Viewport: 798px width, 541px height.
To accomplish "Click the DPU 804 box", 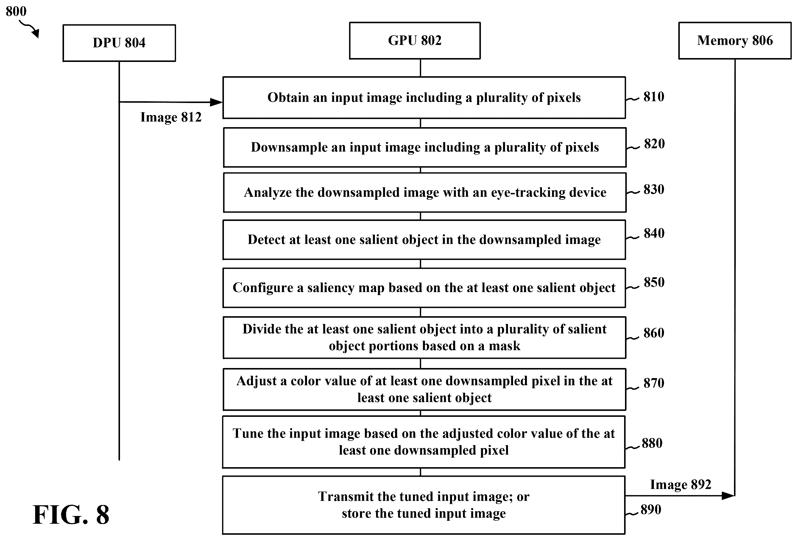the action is [x=119, y=43].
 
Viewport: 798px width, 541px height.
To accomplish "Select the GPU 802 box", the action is [x=415, y=40].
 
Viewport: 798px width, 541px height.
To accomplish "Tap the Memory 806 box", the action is [x=735, y=40].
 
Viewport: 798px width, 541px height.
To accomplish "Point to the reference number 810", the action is [x=654, y=97].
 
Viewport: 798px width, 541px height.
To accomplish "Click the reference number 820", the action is [x=654, y=144].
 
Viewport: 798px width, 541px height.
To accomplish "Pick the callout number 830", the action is [x=654, y=189].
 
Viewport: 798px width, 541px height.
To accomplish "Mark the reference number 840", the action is [x=654, y=233].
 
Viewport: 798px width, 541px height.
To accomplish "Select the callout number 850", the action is [x=654, y=283].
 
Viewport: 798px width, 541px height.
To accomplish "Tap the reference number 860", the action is [x=654, y=333].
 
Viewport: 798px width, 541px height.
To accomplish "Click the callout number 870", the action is [x=654, y=383].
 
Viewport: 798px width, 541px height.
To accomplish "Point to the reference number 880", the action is [x=652, y=443].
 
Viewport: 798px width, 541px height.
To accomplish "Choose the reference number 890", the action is [x=651, y=510].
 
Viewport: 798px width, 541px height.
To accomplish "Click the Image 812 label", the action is [x=171, y=117].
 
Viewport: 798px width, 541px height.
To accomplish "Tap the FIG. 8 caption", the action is [x=71, y=515].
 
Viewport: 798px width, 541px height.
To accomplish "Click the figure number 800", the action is [x=16, y=11].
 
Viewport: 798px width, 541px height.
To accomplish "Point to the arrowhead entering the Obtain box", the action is [x=216, y=102].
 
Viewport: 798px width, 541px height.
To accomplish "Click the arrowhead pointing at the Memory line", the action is [x=728, y=496].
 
